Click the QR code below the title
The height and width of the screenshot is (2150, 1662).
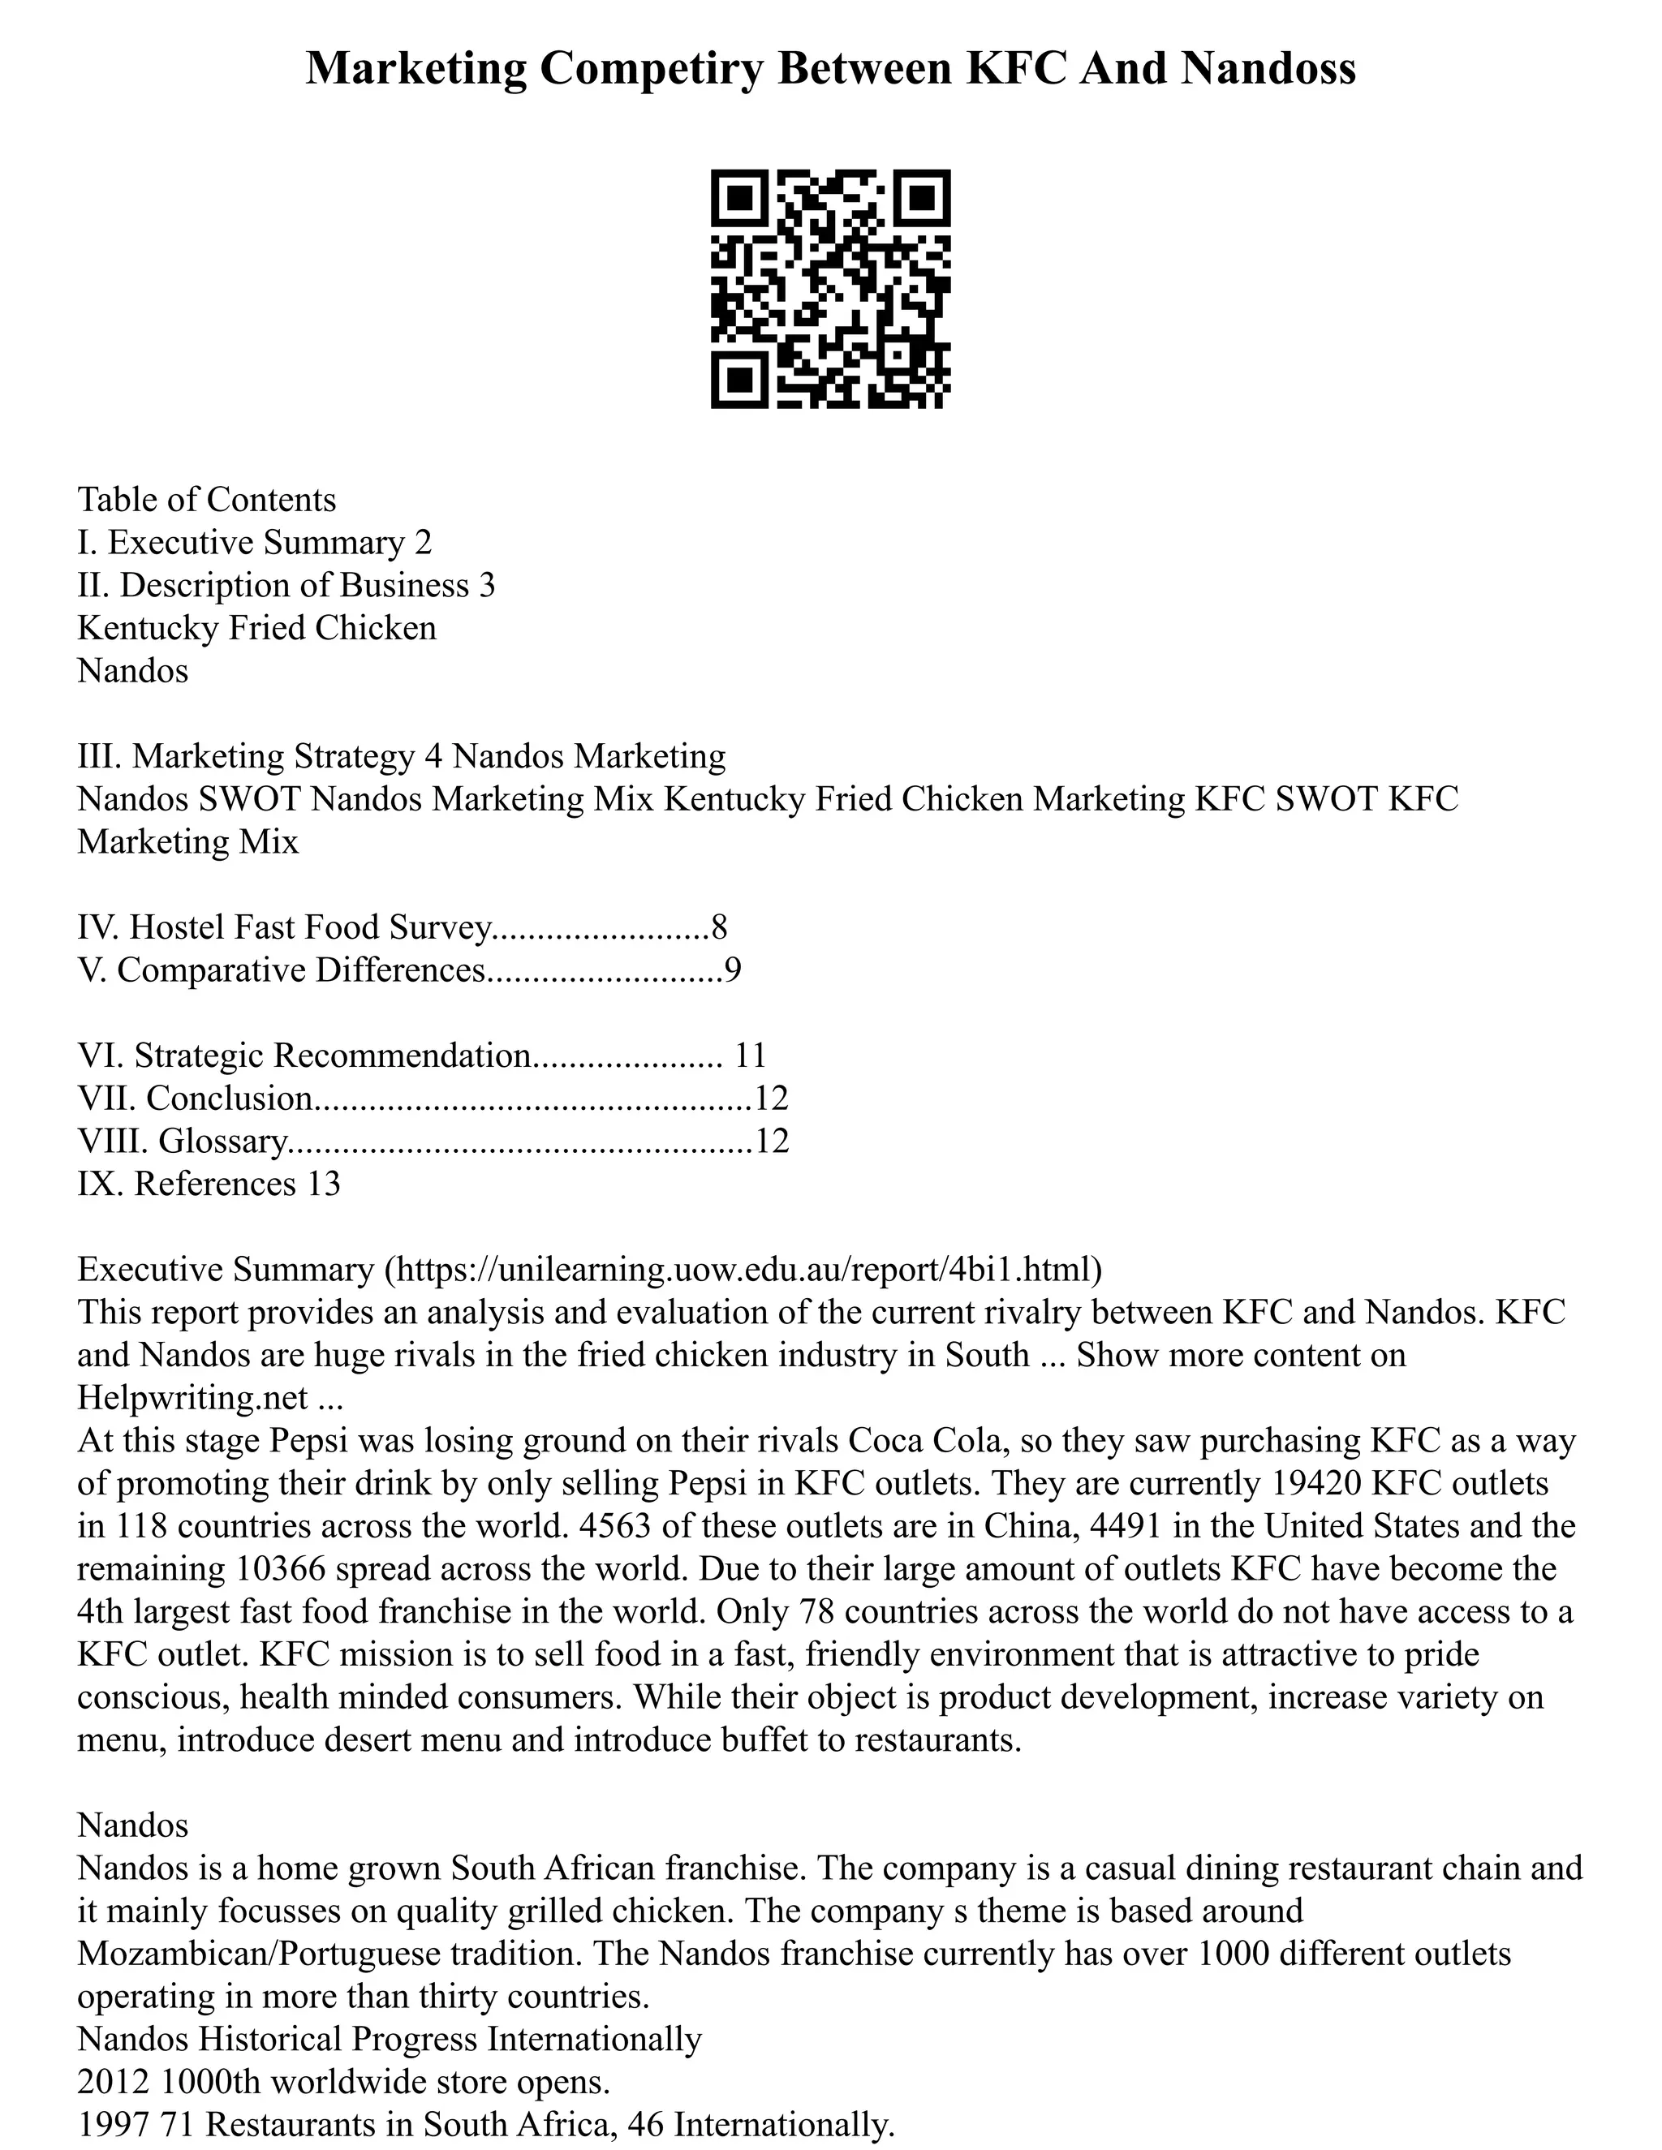[830, 289]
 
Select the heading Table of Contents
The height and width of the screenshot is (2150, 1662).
[207, 500]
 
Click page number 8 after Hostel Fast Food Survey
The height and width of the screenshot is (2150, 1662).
[719, 927]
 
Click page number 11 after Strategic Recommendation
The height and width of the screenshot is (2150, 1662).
[751, 1056]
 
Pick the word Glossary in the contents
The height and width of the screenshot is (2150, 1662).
[222, 1141]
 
